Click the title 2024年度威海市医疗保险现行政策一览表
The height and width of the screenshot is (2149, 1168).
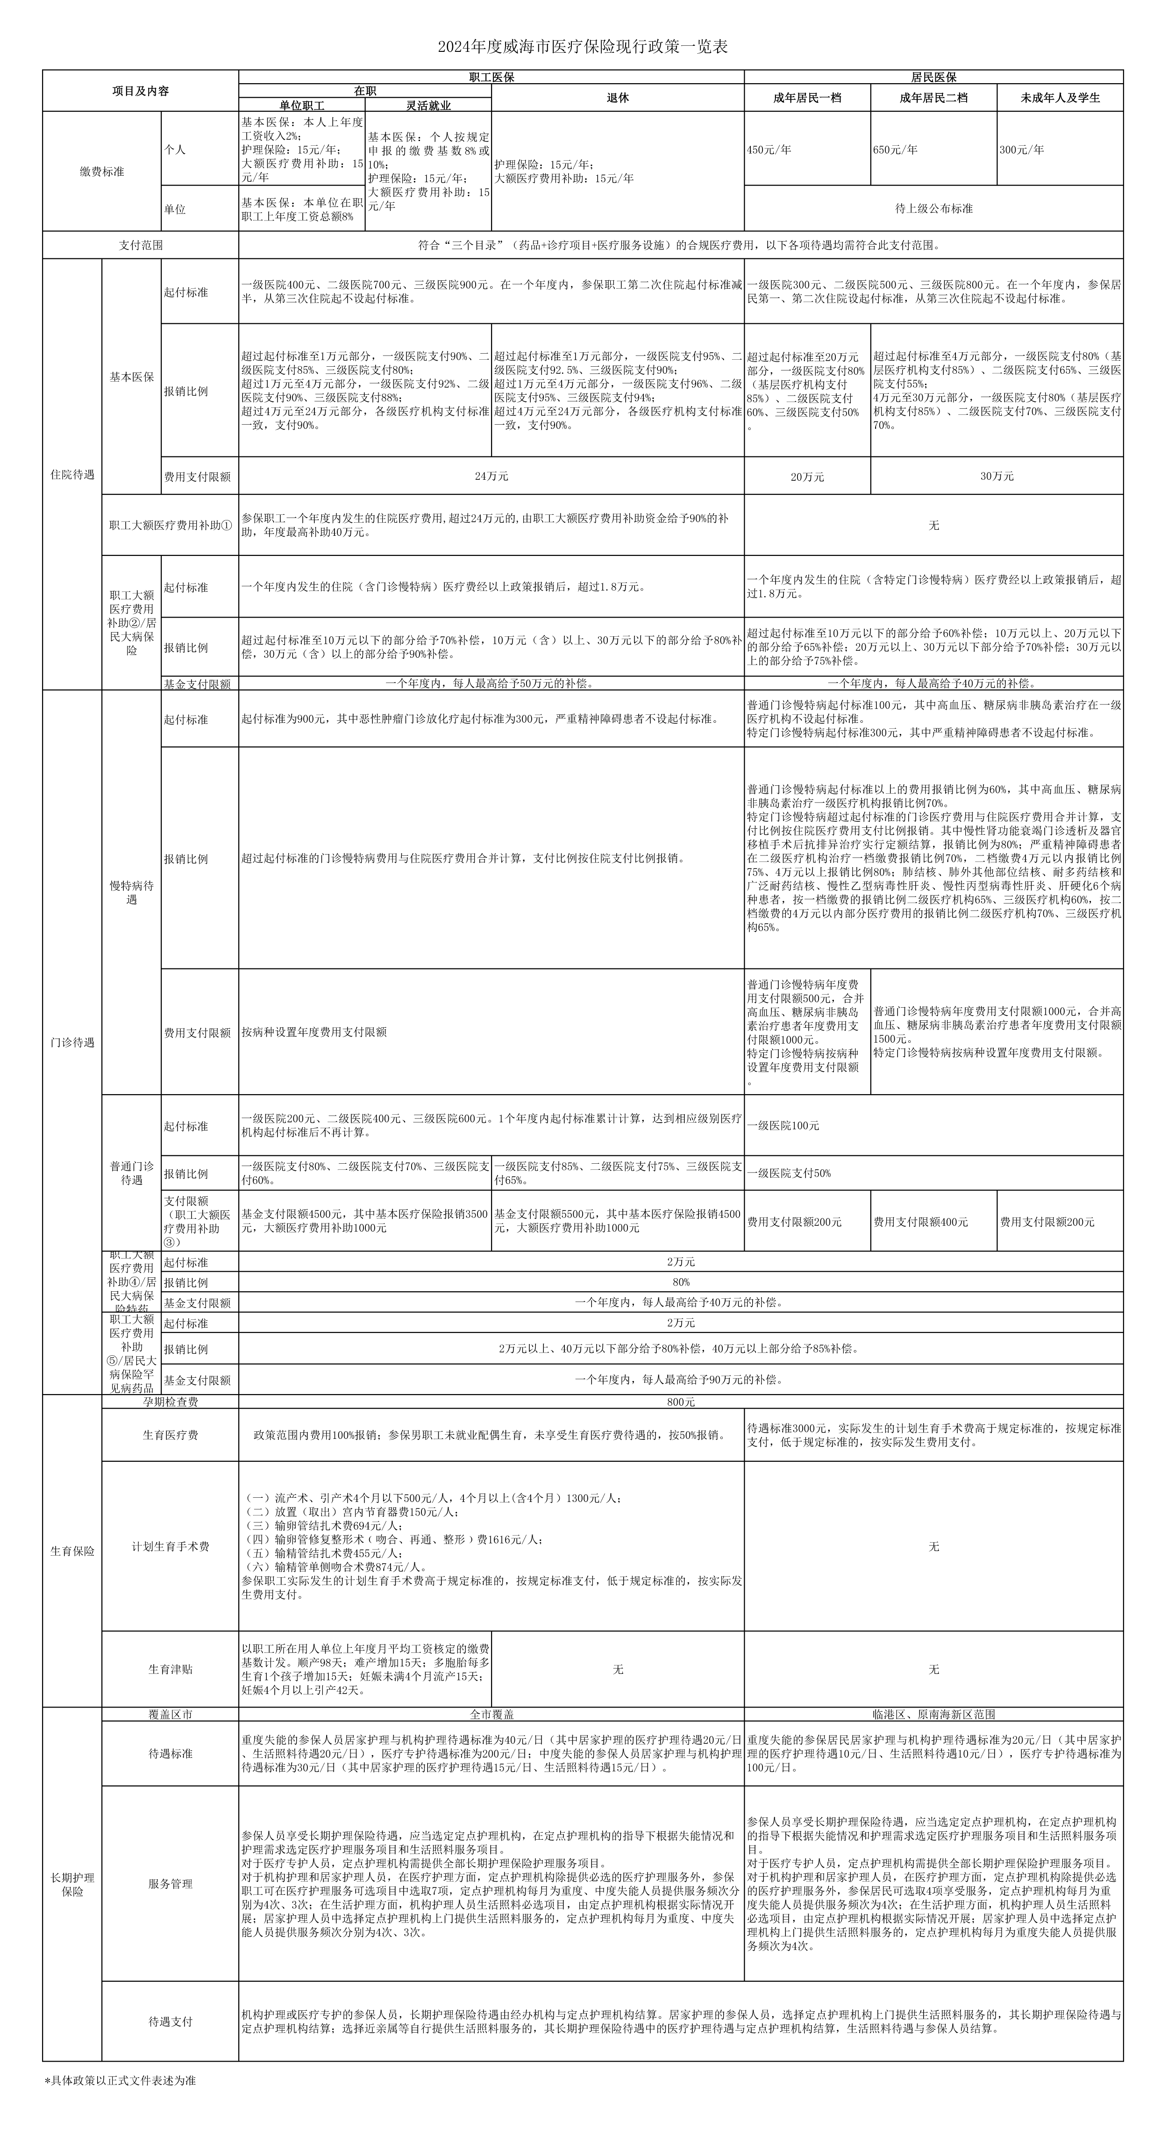583,47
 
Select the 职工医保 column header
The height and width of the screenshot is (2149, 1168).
491,77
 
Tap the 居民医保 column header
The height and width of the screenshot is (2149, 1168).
933,77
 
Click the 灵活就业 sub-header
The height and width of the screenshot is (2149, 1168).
429,105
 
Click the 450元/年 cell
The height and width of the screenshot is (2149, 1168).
769,149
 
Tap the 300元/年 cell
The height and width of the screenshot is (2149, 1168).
1022,149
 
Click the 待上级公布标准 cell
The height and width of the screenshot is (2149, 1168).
933,208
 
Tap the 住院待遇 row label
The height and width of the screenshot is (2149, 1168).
72,474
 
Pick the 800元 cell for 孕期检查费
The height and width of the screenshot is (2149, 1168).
681,1402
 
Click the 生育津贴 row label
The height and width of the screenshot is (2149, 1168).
170,1668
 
